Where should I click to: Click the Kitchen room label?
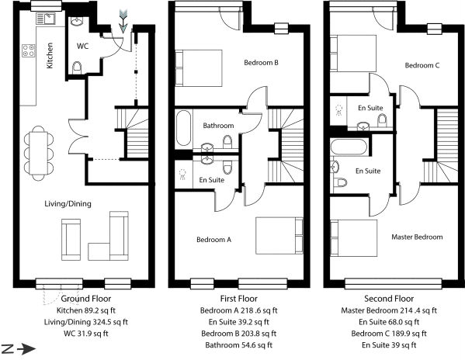50,55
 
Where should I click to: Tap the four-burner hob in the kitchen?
29,50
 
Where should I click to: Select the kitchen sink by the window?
46,19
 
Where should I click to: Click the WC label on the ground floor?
82,47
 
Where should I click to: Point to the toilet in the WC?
77,67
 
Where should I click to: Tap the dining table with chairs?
39,153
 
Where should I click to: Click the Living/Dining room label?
68,203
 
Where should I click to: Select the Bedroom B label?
261,63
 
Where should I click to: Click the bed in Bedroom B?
199,68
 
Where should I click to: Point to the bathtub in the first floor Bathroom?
183,128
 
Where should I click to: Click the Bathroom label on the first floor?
218,126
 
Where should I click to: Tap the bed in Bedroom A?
279,236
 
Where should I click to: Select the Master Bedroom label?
417,237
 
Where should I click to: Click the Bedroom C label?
422,65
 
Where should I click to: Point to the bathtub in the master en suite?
349,147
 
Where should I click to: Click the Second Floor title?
389,299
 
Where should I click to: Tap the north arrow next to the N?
26,349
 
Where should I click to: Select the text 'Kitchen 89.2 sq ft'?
86,310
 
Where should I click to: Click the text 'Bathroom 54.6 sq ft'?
239,345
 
